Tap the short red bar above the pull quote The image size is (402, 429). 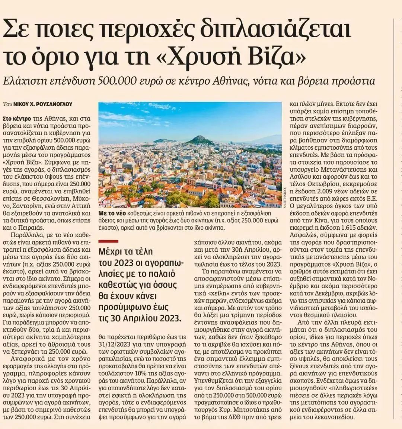108,242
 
